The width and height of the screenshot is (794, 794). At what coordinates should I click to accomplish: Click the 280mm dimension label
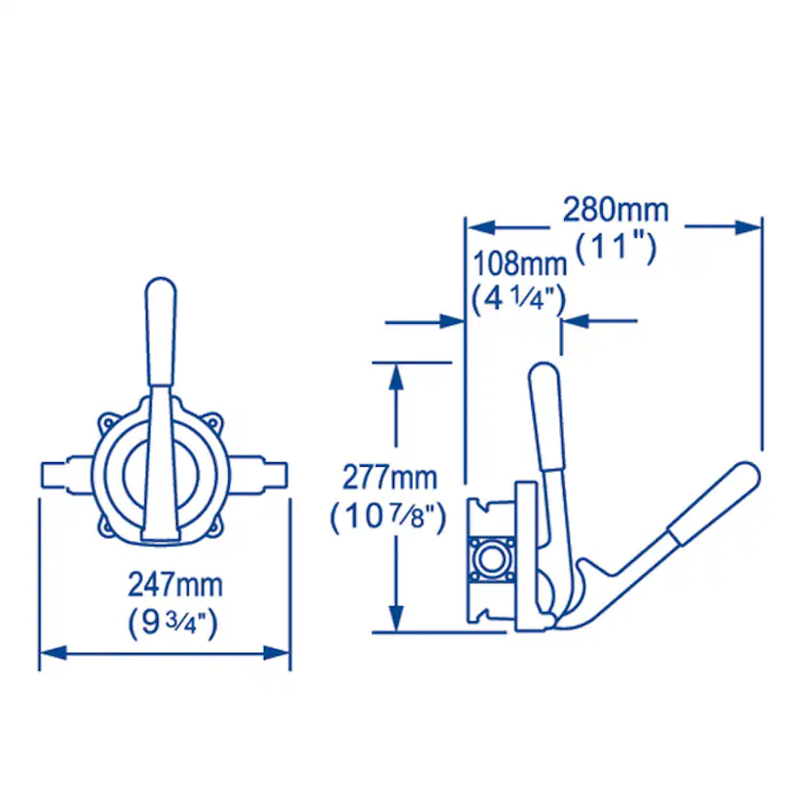(x=616, y=210)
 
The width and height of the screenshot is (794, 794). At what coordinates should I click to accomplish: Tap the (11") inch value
(x=616, y=247)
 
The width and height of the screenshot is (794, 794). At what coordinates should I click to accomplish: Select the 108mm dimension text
(x=520, y=264)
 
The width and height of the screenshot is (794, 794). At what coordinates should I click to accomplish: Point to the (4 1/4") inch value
(x=519, y=300)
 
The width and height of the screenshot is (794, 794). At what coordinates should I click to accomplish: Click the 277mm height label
(x=389, y=478)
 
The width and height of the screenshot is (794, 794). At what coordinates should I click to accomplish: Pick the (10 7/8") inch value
(x=388, y=517)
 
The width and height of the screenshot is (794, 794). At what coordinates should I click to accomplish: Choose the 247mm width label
(x=175, y=585)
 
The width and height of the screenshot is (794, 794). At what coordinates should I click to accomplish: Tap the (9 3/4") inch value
(x=174, y=622)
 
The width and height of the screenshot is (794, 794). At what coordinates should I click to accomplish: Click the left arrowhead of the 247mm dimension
(x=53, y=653)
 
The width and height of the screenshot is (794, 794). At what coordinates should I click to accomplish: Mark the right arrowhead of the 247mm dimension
(x=276, y=653)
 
